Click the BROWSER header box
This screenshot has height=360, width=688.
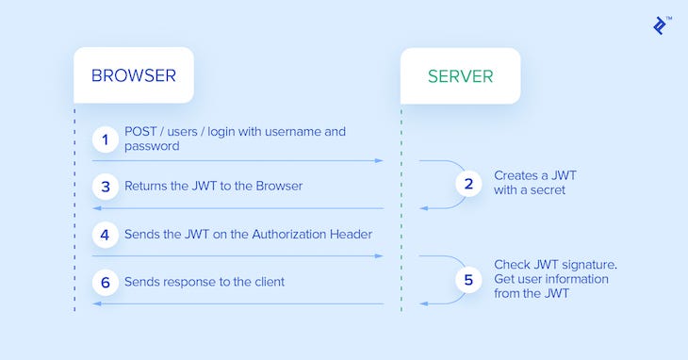pyautogui.click(x=134, y=75)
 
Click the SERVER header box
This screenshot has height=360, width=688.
pyautogui.click(x=460, y=75)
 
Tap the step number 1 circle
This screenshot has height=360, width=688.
pyautogui.click(x=106, y=139)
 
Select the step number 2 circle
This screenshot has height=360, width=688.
pyautogui.click(x=468, y=183)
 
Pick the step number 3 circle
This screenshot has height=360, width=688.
pyautogui.click(x=106, y=186)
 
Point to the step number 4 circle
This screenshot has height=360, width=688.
pyautogui.click(x=106, y=234)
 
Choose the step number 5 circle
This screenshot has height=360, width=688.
pyautogui.click(x=468, y=279)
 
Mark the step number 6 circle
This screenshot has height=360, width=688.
pyautogui.click(x=106, y=281)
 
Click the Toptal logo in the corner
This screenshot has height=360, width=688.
pyautogui.click(x=661, y=25)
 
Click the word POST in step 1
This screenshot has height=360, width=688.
pyautogui.click(x=141, y=132)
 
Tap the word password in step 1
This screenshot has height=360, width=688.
pyautogui.click(x=152, y=147)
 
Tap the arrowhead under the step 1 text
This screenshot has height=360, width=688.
pyautogui.click(x=379, y=161)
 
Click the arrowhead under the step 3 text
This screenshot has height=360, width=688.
pyautogui.click(x=96, y=208)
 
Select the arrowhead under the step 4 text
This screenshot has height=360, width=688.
pyautogui.click(x=379, y=255)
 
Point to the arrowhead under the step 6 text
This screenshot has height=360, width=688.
pyautogui.click(x=96, y=303)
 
